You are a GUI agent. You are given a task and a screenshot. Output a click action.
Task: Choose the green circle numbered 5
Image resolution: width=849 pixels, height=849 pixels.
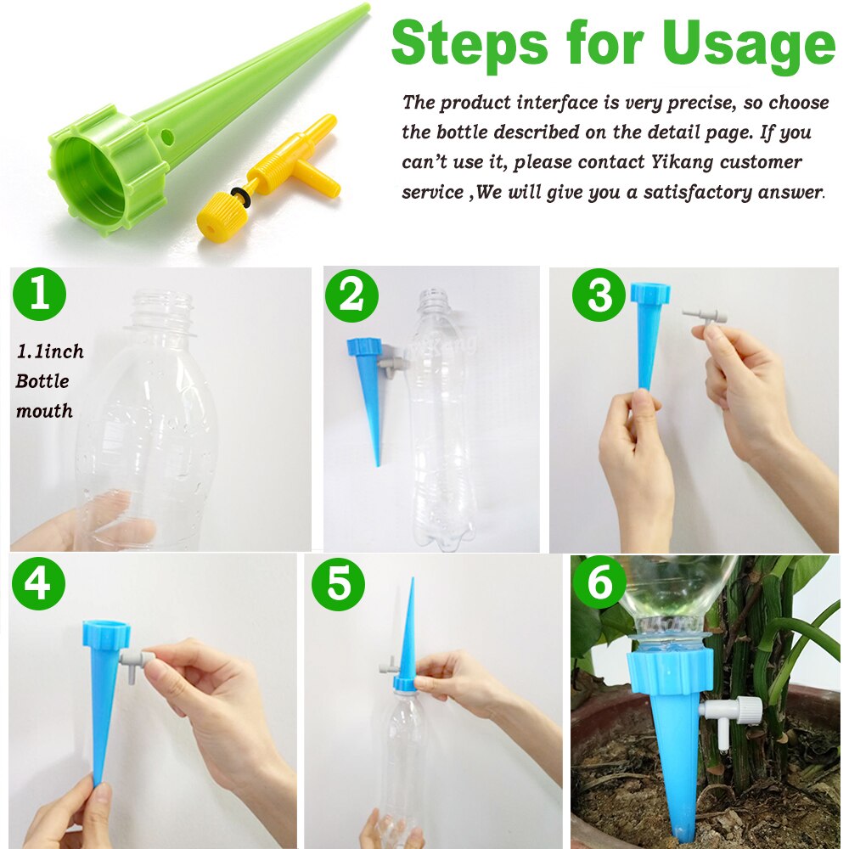click(x=337, y=583)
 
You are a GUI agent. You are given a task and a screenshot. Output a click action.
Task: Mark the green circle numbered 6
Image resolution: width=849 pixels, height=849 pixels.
click(x=599, y=583)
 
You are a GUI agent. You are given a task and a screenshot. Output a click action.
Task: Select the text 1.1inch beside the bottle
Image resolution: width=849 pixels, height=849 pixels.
click(x=50, y=351)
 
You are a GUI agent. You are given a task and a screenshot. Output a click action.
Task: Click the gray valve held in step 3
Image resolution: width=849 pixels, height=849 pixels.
click(x=705, y=318)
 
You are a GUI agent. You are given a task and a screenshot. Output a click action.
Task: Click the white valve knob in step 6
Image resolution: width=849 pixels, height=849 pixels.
click(x=747, y=710)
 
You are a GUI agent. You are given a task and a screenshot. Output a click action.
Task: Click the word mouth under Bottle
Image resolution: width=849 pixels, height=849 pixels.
click(x=43, y=411)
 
